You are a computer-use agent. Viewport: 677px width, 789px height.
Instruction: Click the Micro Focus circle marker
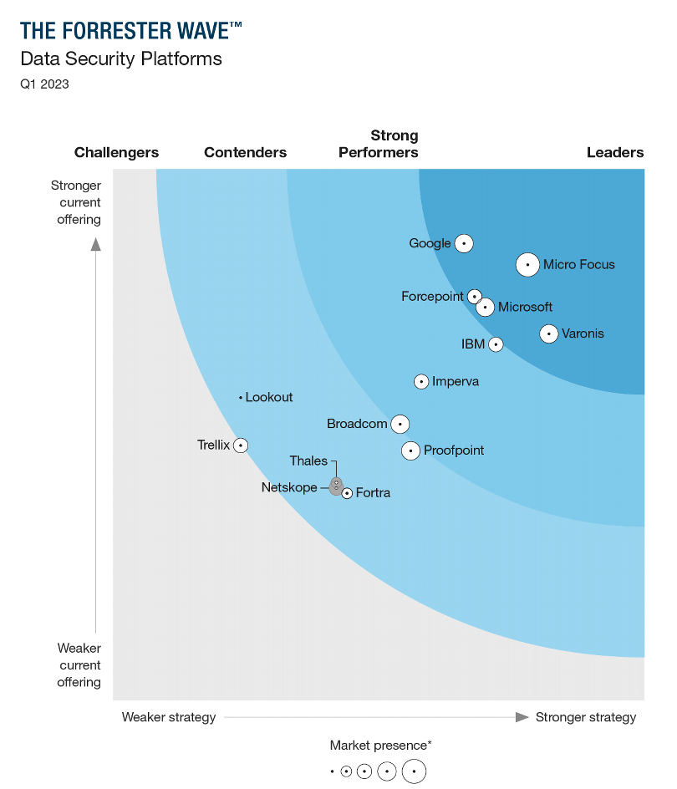[527, 265]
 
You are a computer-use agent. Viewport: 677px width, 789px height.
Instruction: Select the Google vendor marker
[464, 243]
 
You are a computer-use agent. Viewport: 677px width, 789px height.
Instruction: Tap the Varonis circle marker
[548, 333]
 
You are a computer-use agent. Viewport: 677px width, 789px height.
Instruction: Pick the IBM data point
[496, 344]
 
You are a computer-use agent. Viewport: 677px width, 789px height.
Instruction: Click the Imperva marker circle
[422, 382]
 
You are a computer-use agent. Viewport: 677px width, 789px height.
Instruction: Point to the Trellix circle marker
[241, 445]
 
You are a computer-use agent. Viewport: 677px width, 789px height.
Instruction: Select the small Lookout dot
[241, 398]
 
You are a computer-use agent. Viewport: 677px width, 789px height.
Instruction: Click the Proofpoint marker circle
[410, 450]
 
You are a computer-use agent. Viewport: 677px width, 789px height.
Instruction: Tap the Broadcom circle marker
[400, 425]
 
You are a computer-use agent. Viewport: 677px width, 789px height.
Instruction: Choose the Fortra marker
[347, 493]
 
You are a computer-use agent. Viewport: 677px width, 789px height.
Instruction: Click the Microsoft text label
[525, 307]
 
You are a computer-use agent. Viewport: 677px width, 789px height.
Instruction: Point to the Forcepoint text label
[432, 297]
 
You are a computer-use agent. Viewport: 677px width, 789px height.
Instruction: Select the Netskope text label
[289, 487]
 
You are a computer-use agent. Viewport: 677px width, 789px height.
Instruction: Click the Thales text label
[308, 461]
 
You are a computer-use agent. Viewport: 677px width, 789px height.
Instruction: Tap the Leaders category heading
[615, 152]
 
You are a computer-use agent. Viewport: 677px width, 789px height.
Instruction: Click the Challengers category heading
[116, 152]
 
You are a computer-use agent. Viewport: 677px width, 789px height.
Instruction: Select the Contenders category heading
[245, 152]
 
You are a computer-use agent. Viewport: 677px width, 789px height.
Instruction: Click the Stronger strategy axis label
[585, 717]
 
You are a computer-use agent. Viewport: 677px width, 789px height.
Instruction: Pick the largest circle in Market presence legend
[414, 771]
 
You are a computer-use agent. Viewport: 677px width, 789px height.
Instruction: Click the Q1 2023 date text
[44, 84]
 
